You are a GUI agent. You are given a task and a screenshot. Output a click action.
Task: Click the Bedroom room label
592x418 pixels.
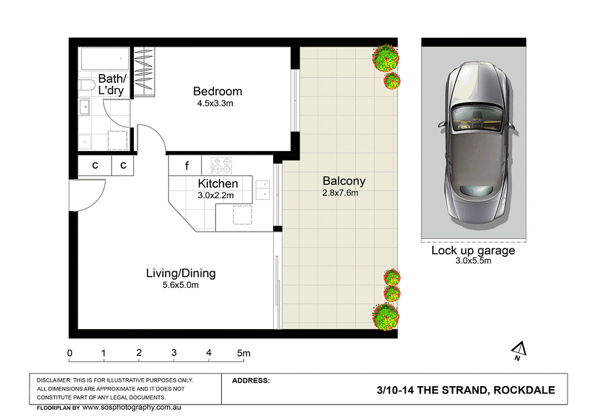point(218,92)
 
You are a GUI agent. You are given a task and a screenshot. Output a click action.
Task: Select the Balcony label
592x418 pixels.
point(343,181)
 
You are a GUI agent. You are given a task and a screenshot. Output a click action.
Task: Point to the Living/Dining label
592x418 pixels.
point(181,273)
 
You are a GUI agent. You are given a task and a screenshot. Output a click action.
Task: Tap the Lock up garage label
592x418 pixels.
point(473,250)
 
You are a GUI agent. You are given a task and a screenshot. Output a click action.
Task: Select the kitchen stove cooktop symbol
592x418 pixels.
point(223,165)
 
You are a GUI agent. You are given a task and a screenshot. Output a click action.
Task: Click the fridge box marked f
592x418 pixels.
point(187,165)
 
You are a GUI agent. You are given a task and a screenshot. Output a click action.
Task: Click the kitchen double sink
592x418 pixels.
point(262,190)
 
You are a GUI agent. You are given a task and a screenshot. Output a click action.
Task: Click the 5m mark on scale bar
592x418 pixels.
point(243,353)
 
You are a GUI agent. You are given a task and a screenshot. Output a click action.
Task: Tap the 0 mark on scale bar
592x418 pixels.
point(70,353)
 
